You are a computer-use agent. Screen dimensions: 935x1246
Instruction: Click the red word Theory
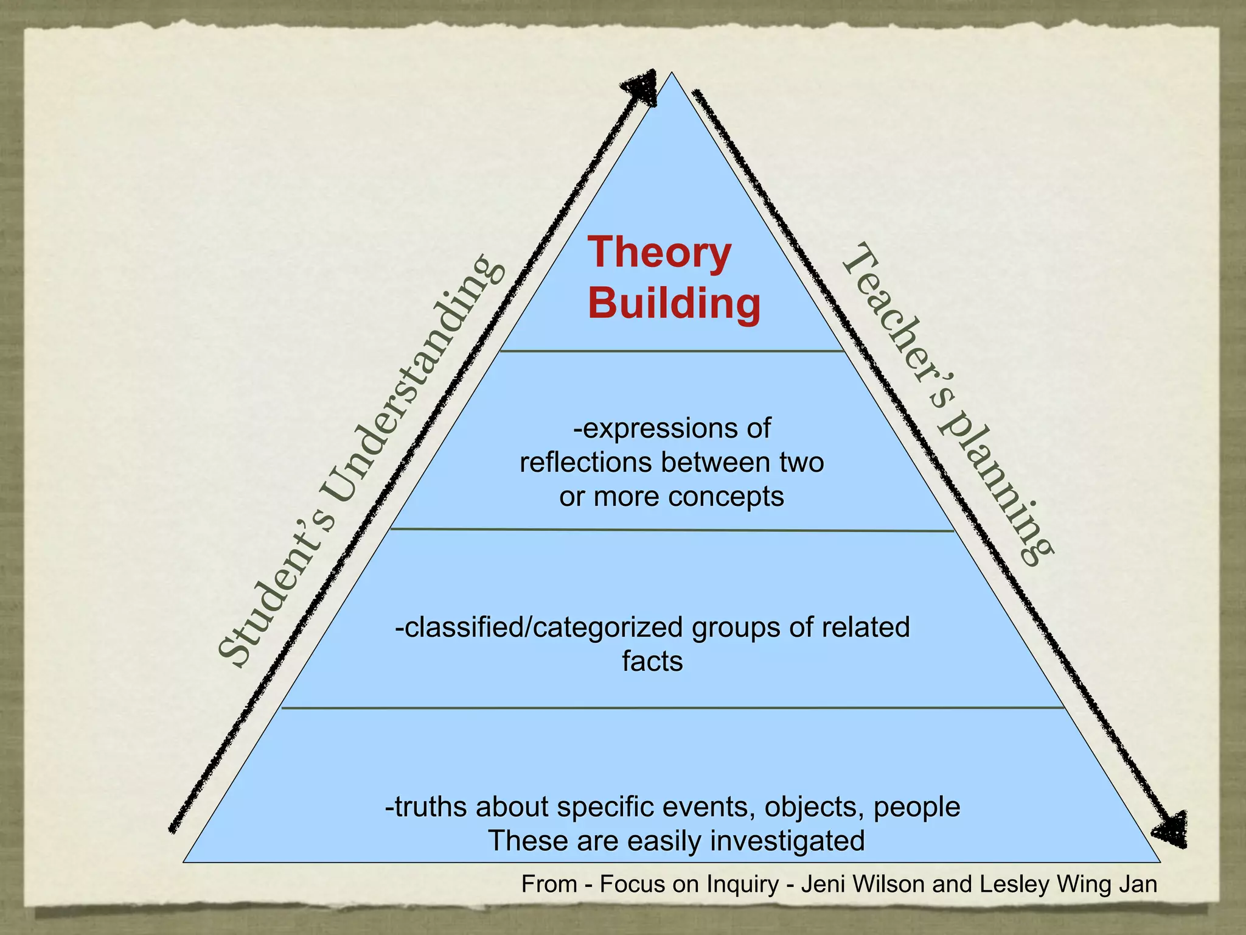pos(659,253)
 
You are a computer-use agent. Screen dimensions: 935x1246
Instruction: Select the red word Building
pos(674,303)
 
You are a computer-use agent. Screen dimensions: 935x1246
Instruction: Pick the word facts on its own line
pos(652,662)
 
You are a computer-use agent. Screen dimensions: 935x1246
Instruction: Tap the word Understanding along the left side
pos(414,378)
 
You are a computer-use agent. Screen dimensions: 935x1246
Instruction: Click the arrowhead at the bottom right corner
pos(1171,829)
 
